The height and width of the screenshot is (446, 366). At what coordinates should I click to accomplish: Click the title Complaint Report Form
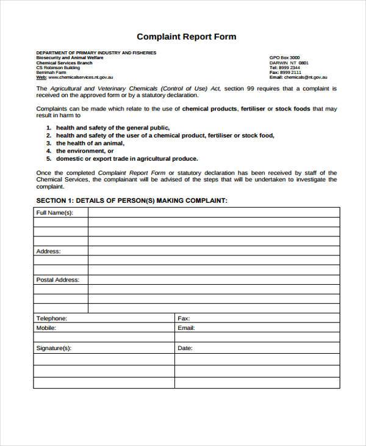click(x=186, y=37)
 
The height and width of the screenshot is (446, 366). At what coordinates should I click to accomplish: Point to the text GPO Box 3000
click(x=285, y=57)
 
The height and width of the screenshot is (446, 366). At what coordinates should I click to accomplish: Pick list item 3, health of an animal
click(x=90, y=143)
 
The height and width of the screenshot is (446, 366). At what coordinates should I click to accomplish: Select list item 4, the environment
click(x=85, y=151)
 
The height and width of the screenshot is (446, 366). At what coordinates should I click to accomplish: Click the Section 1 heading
click(x=132, y=200)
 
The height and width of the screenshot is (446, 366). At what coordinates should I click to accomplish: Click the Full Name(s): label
click(x=55, y=213)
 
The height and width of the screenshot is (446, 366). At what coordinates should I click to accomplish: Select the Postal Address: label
click(x=58, y=280)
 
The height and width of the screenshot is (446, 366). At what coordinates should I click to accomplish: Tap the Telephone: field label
click(x=52, y=318)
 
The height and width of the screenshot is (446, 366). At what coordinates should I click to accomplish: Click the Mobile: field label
click(x=47, y=327)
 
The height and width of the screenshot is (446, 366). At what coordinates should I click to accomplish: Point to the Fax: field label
click(x=184, y=318)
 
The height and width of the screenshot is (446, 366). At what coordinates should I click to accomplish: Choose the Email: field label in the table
click(x=186, y=327)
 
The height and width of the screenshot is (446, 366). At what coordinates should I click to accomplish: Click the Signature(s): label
click(x=54, y=348)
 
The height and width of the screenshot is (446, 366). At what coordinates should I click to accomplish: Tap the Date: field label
click(x=185, y=348)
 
